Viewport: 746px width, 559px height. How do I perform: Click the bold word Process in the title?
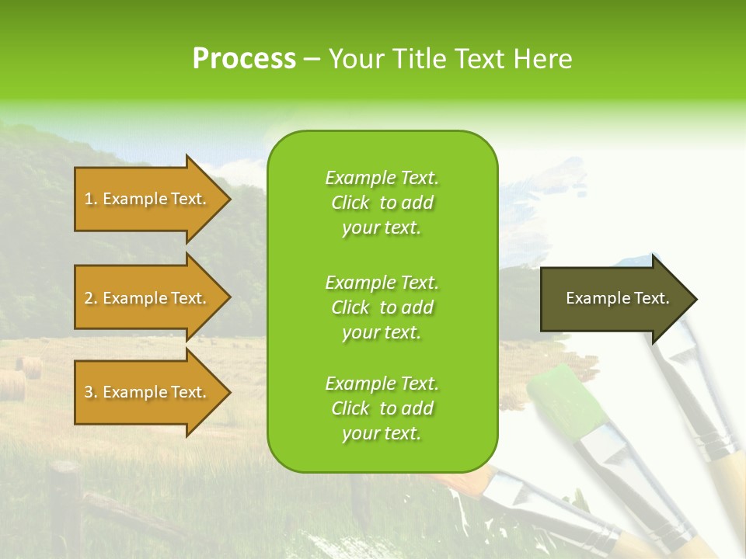click(244, 59)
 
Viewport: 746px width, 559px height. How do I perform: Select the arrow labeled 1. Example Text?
click(148, 199)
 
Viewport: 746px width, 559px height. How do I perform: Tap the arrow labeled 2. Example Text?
click(148, 298)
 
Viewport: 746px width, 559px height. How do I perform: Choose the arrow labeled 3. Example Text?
click(148, 392)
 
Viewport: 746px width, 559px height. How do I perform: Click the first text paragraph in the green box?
click(382, 203)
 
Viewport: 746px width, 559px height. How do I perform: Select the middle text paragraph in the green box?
click(382, 307)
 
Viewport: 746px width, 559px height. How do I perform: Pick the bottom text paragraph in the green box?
click(382, 408)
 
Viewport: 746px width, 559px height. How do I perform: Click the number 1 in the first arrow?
click(89, 199)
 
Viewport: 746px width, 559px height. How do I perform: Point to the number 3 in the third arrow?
click(89, 392)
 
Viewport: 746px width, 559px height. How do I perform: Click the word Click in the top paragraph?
click(350, 203)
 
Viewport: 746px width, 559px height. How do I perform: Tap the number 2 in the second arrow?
click(89, 298)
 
